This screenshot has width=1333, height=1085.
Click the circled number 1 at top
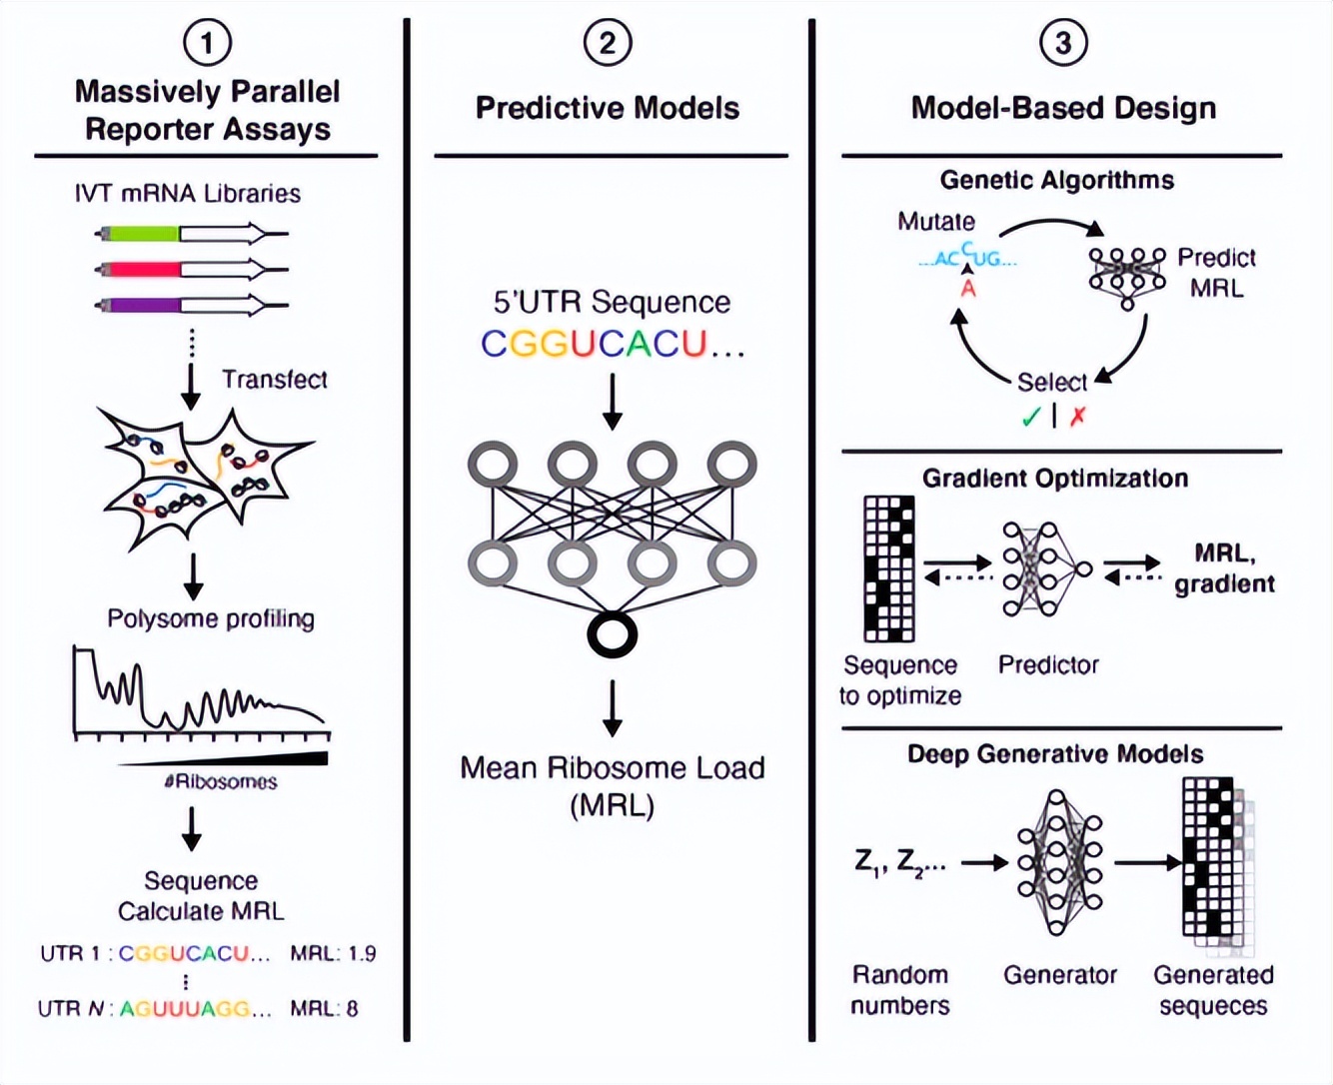(207, 43)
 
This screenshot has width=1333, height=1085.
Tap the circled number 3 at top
(1062, 43)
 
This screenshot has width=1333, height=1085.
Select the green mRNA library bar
(141, 234)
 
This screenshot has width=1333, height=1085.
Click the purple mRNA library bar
(141, 305)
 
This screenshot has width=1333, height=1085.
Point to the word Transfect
(274, 380)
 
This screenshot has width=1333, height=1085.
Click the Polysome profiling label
(211, 618)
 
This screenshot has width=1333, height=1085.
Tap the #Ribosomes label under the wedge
(221, 781)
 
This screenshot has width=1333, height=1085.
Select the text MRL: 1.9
(333, 953)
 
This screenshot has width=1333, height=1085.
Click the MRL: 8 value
(324, 1008)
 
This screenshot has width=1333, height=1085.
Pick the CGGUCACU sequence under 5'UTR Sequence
(595, 344)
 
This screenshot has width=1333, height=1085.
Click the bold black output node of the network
(612, 634)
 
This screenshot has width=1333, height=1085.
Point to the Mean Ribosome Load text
(612, 768)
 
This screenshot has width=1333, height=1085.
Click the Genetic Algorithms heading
(1056, 180)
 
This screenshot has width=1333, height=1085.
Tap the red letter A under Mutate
(967, 289)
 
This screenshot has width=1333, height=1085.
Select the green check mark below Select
(1031, 417)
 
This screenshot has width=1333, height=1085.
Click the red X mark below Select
(1077, 417)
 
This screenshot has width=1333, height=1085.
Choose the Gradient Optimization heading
(1055, 478)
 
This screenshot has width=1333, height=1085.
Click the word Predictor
(1048, 665)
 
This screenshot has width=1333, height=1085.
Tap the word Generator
(1060, 974)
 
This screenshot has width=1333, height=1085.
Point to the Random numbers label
(900, 989)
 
